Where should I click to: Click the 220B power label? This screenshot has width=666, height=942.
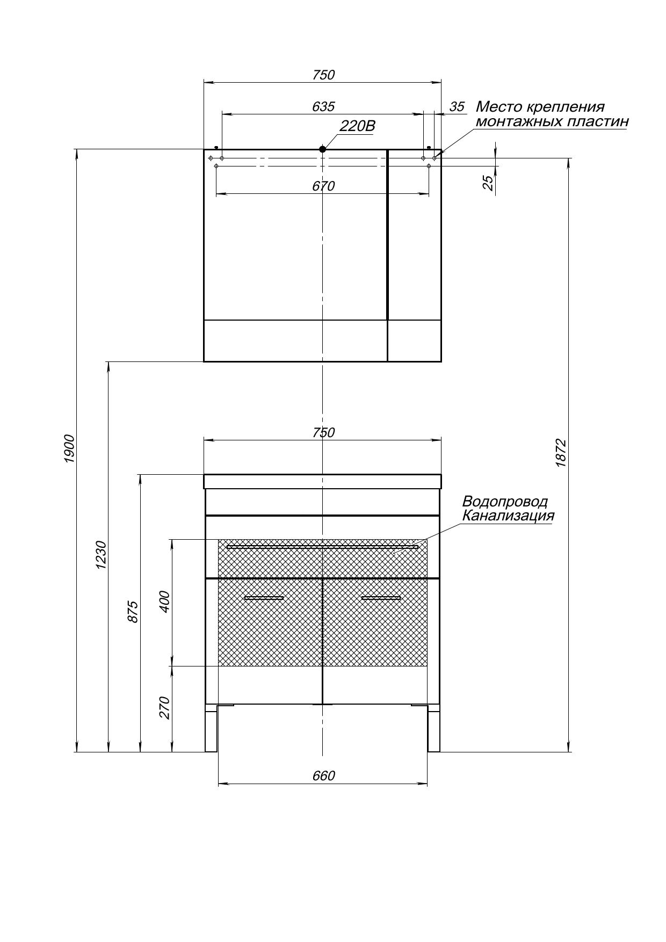[357, 126]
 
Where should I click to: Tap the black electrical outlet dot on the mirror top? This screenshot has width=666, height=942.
[322, 149]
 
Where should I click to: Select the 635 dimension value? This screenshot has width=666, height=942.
[323, 106]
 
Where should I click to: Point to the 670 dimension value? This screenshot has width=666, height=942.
[323, 186]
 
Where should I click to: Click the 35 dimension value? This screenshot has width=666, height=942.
[457, 106]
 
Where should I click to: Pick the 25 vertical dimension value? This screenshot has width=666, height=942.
[488, 183]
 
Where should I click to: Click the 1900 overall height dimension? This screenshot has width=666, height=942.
[70, 448]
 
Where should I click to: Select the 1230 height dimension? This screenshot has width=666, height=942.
[102, 555]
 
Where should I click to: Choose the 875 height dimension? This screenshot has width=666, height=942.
[133, 612]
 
